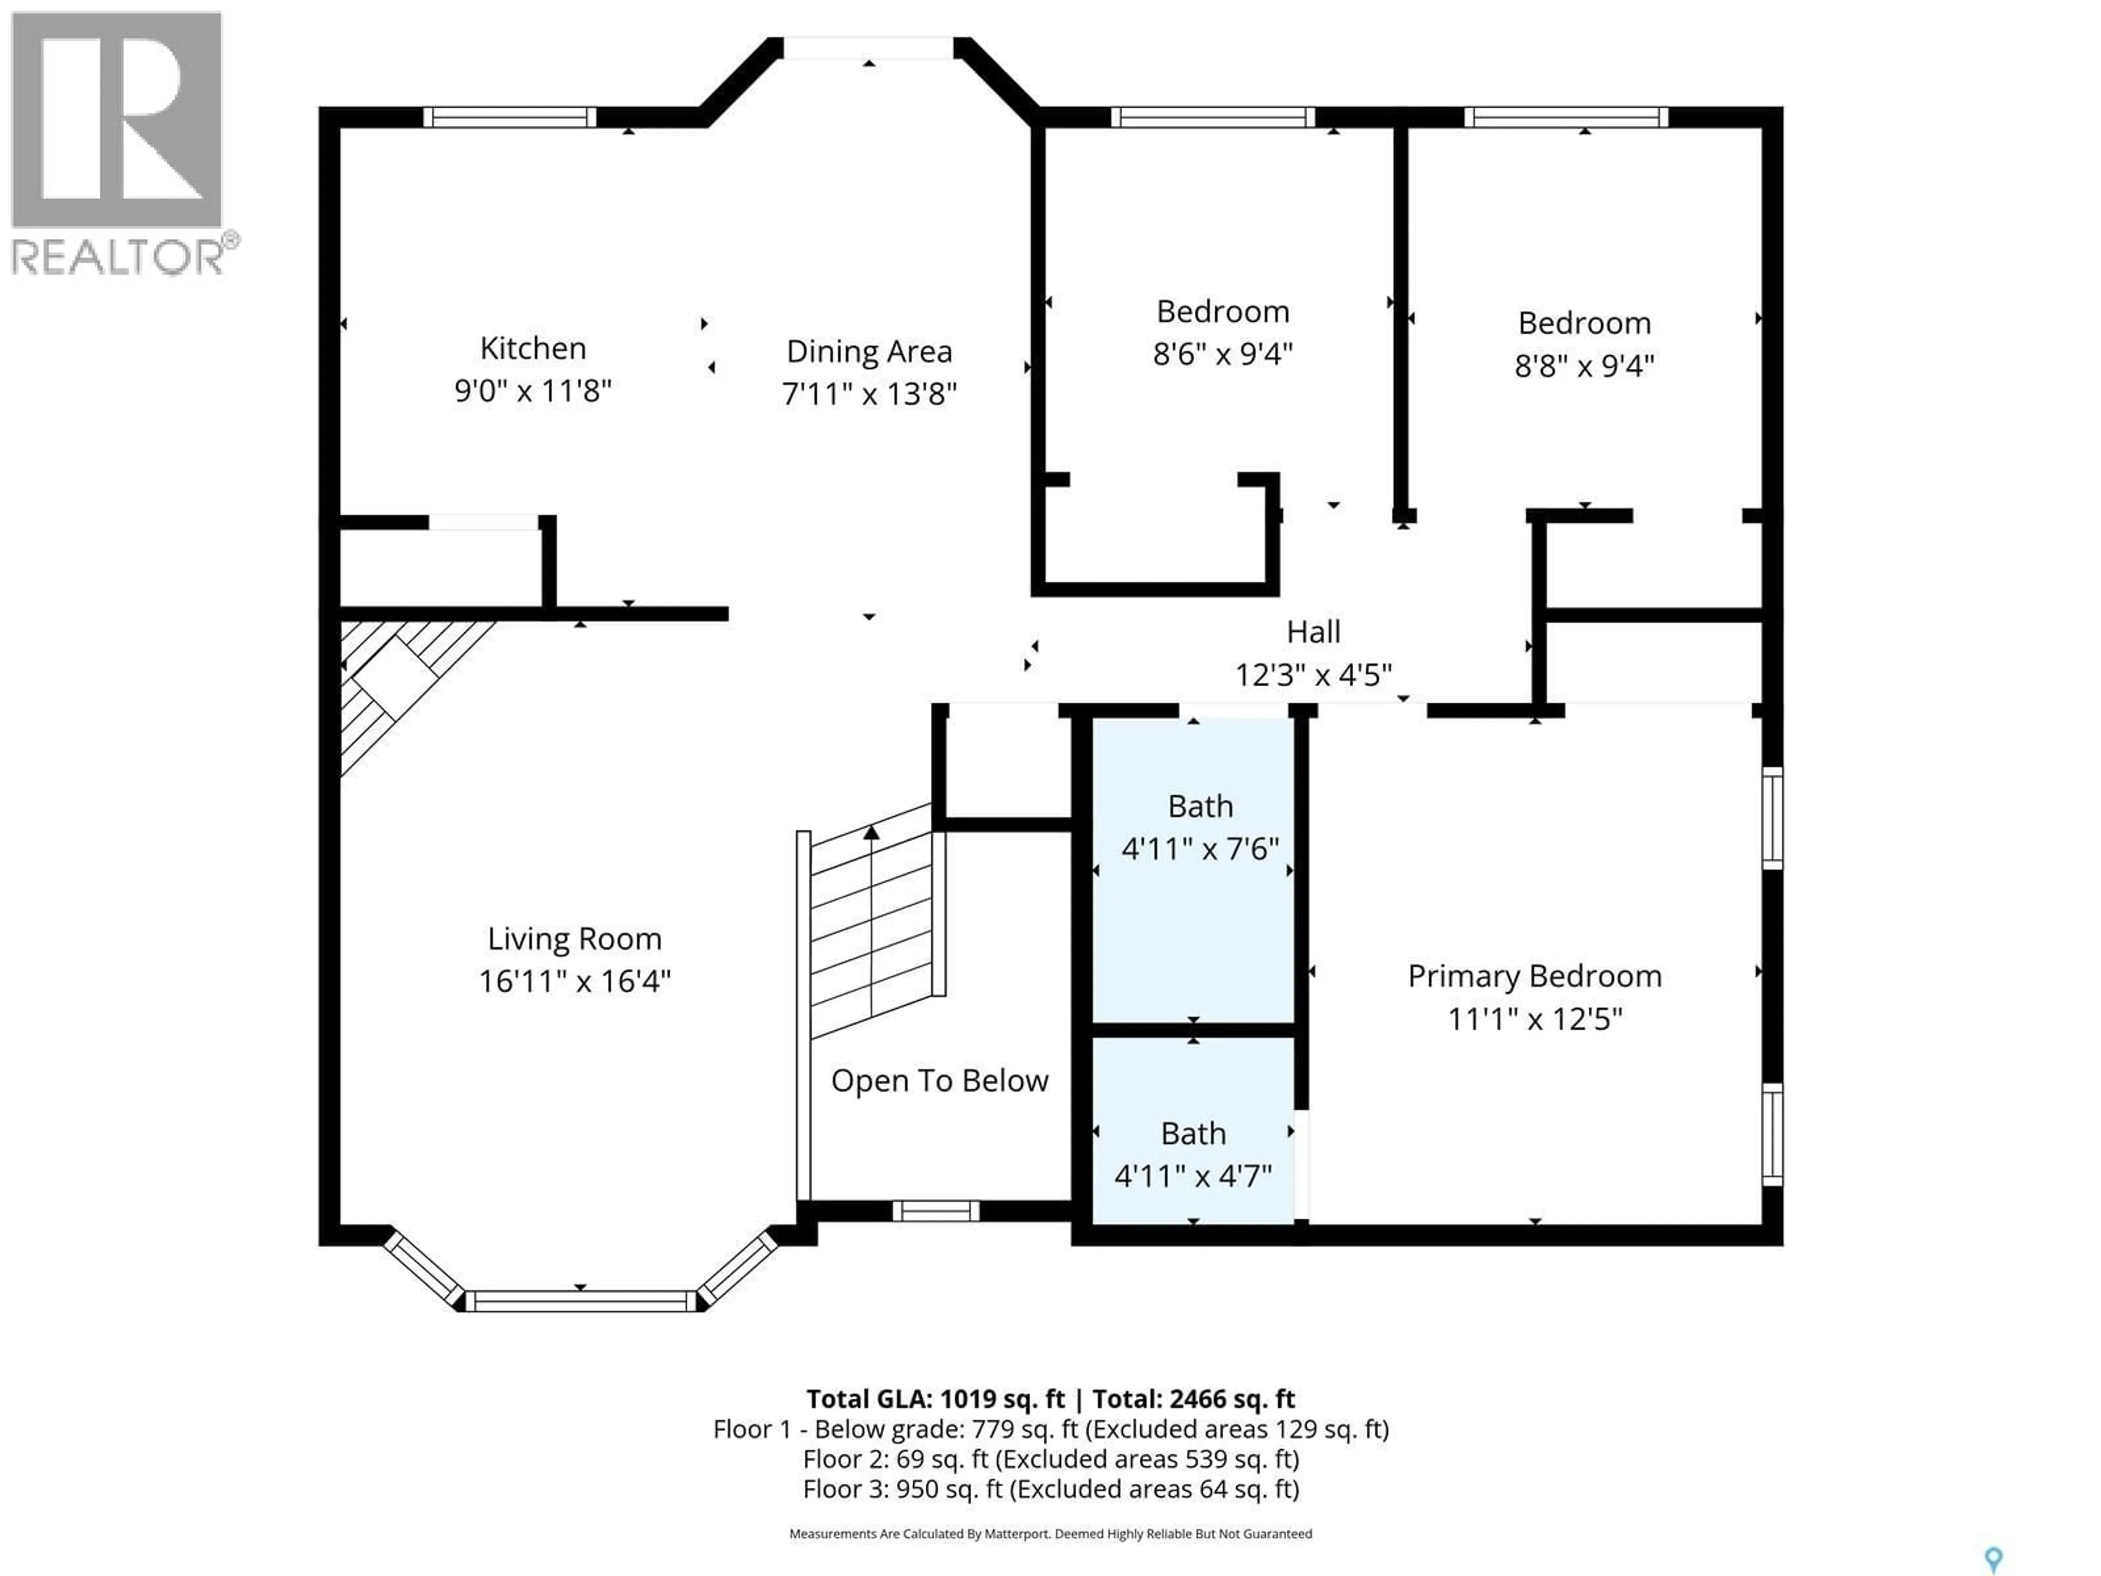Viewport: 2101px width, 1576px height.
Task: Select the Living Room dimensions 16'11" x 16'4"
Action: tap(574, 981)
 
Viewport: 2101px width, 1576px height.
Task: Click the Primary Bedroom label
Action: tap(1534, 977)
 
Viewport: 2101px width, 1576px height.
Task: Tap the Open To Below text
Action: tap(939, 1081)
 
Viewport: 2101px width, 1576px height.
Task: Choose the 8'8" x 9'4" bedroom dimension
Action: tap(1585, 366)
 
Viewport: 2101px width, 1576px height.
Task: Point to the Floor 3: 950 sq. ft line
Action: tap(1050, 1488)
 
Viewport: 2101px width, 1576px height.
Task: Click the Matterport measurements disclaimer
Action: tap(1050, 1533)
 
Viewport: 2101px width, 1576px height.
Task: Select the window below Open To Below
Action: tap(936, 1211)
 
